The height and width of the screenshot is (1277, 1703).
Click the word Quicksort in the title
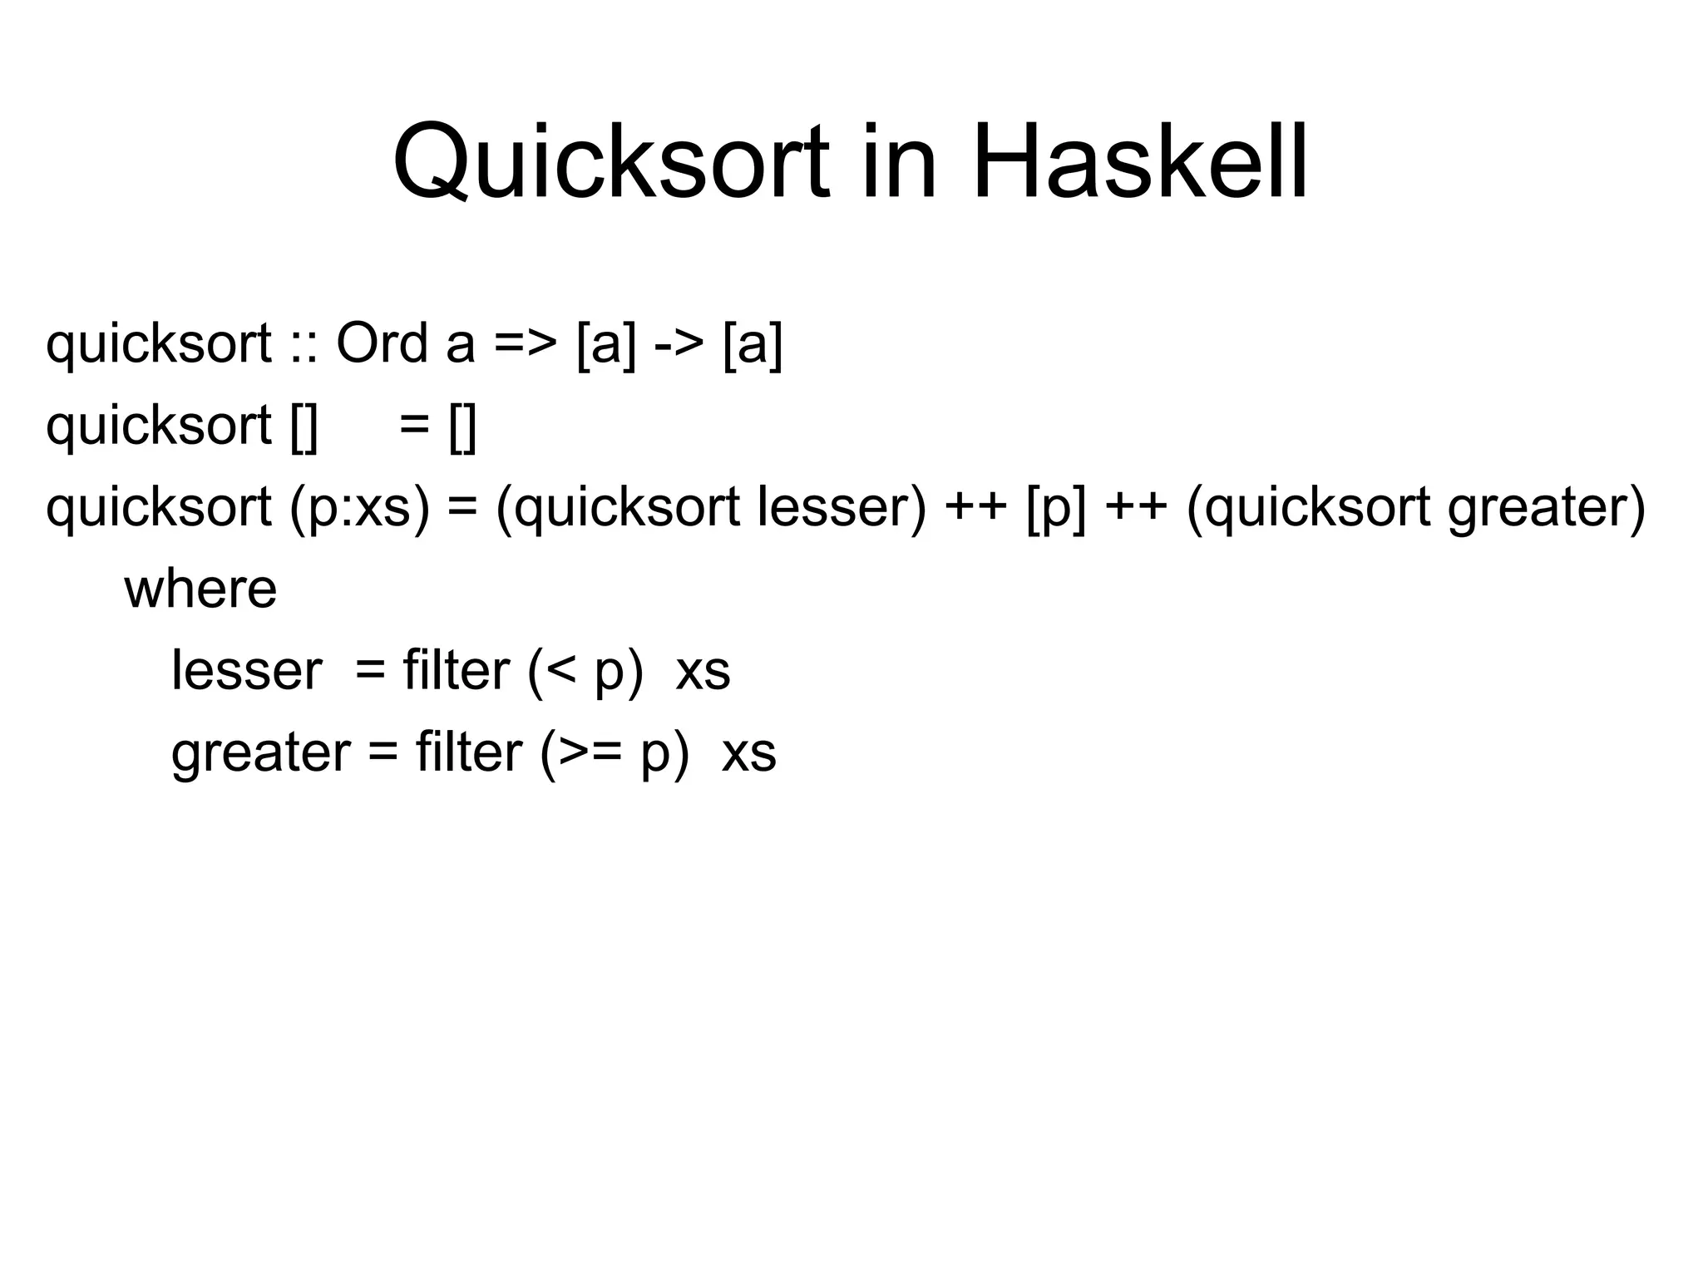click(611, 162)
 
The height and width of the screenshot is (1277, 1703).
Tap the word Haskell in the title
click(1139, 162)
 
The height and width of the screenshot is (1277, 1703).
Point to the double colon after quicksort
click(304, 344)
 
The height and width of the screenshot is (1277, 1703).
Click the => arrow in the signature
click(525, 344)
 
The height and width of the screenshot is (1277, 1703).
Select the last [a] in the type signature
click(753, 344)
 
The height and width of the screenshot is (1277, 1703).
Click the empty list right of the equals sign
click(462, 426)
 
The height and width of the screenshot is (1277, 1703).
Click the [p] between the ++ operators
click(1056, 508)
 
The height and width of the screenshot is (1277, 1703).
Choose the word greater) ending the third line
click(1547, 508)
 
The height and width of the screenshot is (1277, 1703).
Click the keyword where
click(200, 589)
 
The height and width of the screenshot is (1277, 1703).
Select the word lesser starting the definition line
click(246, 671)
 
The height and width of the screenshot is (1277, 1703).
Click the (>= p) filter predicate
click(615, 753)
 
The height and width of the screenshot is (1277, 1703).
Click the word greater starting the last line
click(260, 753)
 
